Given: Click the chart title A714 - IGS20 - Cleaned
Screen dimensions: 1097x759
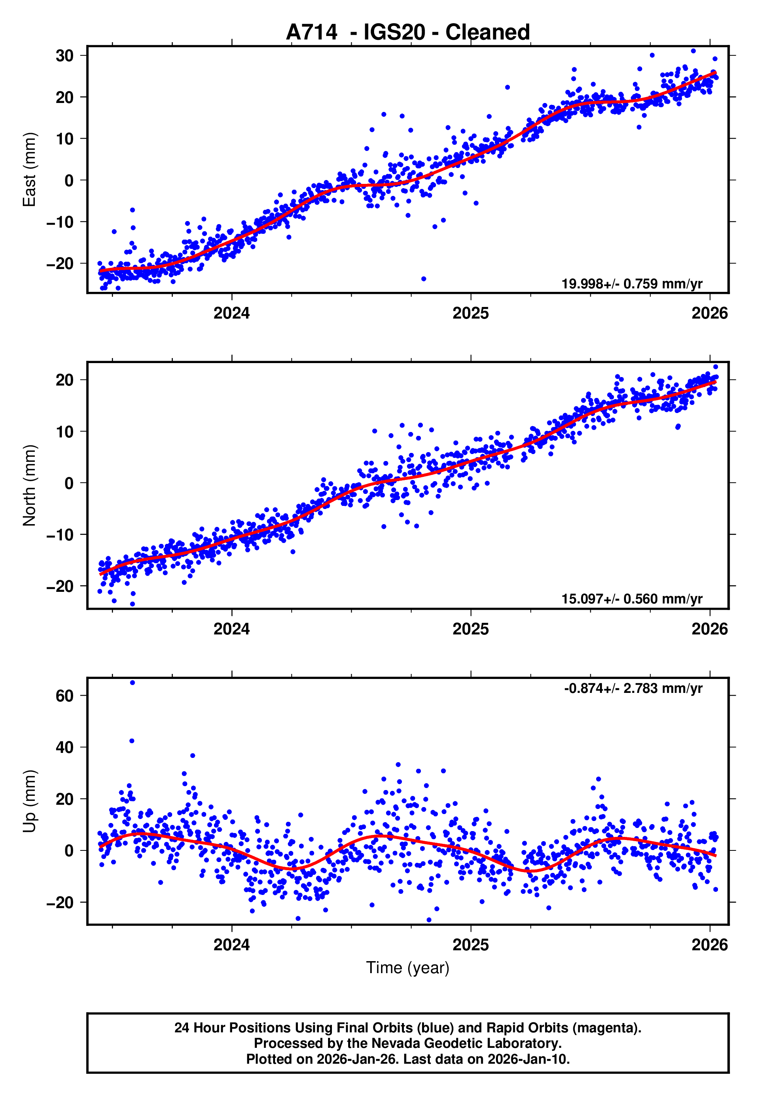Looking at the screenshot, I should (408, 33).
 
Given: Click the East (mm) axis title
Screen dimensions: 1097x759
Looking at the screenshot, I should (29, 170).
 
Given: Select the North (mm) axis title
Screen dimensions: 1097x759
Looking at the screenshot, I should (29, 485).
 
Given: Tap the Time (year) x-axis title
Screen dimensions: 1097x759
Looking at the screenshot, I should (408, 968).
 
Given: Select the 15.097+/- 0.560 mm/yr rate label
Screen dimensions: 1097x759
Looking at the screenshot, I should (632, 598).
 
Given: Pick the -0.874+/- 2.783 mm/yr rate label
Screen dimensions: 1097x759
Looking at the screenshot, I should (633, 688).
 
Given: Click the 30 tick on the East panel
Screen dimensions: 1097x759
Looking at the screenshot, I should (65, 56).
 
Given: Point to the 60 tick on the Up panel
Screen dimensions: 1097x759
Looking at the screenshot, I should (65, 696).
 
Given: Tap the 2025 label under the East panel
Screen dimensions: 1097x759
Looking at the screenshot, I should (470, 313).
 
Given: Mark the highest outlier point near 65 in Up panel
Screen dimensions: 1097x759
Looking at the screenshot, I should (132, 683).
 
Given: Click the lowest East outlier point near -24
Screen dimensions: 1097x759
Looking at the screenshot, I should (424, 279).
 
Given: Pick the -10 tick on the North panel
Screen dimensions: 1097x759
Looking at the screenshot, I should (60, 535).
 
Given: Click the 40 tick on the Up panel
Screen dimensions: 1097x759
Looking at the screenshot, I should (65, 747).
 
